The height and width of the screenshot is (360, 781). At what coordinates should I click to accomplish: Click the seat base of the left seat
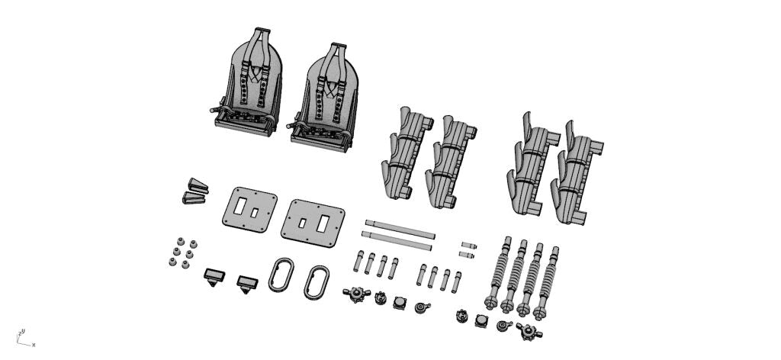tap(245, 124)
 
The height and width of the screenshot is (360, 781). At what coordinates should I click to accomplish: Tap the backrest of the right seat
tap(331, 90)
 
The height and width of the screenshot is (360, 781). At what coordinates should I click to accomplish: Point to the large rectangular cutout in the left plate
tap(239, 206)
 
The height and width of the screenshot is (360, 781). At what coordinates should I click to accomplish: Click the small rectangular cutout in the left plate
tap(255, 213)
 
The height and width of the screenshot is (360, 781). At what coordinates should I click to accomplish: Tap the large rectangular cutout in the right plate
tap(323, 224)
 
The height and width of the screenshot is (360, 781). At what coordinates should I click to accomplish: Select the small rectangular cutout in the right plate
tap(302, 223)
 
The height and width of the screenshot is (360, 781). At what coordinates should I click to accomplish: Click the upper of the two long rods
tap(400, 229)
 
